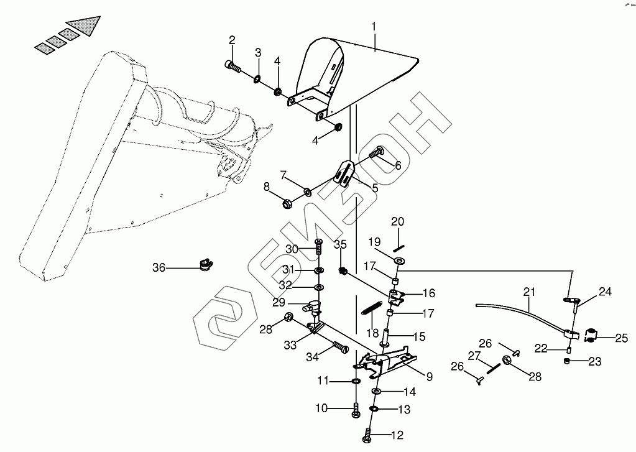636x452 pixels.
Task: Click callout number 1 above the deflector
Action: click(374, 27)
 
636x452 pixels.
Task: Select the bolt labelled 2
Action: click(233, 66)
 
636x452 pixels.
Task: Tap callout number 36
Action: click(159, 268)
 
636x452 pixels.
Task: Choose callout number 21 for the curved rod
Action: click(529, 292)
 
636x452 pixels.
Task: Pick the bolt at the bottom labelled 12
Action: click(366, 435)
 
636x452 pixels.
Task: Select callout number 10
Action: click(321, 408)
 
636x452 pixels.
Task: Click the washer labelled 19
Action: click(399, 259)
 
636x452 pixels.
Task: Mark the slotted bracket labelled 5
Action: click(344, 173)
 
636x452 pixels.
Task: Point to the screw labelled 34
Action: click(341, 348)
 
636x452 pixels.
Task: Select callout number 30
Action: click(292, 249)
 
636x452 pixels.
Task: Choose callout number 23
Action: click(594, 361)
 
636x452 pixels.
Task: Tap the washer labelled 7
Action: click(307, 190)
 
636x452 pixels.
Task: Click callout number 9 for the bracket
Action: click(429, 377)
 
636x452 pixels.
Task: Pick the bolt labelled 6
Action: click(376, 152)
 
